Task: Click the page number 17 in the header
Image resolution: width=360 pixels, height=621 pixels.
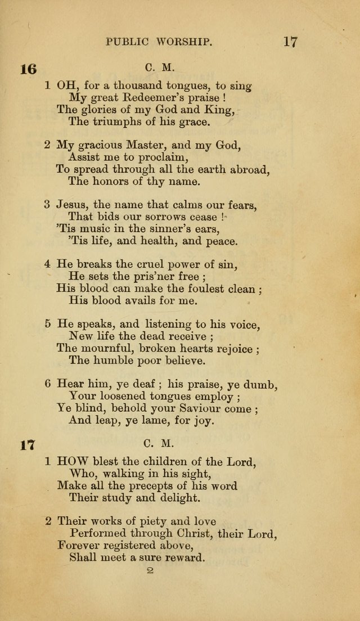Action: point(290,42)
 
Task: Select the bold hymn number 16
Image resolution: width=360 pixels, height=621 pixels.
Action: point(28,69)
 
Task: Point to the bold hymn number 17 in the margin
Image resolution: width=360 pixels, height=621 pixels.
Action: point(28,445)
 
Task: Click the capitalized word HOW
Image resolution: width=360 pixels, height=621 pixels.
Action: point(71,462)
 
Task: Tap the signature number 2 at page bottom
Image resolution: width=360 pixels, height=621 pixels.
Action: point(150,571)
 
